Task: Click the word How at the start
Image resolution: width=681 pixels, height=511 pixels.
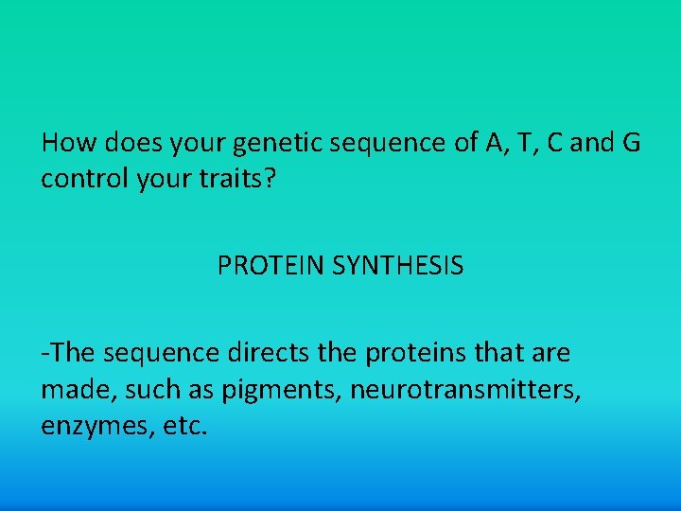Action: [65, 143]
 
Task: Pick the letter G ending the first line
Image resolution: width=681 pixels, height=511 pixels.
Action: [629, 143]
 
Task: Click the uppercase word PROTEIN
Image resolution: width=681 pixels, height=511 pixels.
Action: [271, 267]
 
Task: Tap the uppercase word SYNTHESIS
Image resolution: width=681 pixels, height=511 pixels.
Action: [398, 267]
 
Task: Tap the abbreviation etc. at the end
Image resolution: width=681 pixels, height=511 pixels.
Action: [181, 426]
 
